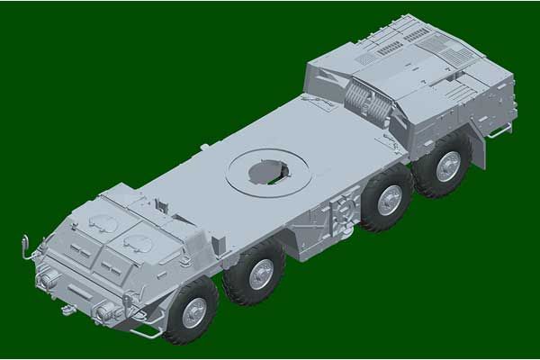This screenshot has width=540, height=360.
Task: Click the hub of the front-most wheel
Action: pos(193,312)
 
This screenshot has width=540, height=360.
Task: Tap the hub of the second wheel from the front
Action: pos(261,274)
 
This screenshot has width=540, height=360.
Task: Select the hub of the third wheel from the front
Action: pos(390,200)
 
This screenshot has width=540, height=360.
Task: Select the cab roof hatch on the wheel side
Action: pos(140,240)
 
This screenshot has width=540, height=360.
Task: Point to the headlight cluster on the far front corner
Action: pos(42,278)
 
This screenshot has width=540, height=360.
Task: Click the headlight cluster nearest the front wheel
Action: pos(105,311)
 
